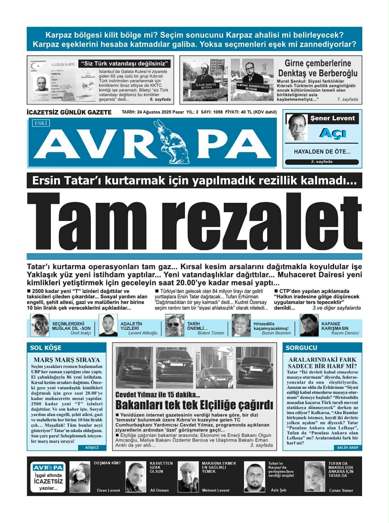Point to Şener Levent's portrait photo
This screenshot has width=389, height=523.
(x=297, y=127)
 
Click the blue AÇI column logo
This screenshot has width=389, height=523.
(x=332, y=133)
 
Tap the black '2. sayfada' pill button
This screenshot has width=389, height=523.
(x=322, y=162)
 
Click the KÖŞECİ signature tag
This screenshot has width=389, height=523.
(x=92, y=448)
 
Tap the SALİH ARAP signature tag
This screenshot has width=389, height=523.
(x=348, y=448)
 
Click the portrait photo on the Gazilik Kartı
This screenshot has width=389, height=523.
(x=41, y=83)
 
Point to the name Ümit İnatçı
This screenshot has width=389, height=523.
(x=81, y=333)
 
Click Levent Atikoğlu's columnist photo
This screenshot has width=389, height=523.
(x=108, y=325)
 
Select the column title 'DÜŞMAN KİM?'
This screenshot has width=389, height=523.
(x=107, y=463)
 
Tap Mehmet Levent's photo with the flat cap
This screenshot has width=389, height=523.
(x=188, y=477)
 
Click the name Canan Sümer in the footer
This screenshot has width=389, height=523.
(x=341, y=490)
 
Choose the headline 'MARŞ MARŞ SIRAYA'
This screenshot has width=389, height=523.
(x=67, y=360)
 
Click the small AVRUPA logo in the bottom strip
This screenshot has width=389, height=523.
(x=48, y=468)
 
